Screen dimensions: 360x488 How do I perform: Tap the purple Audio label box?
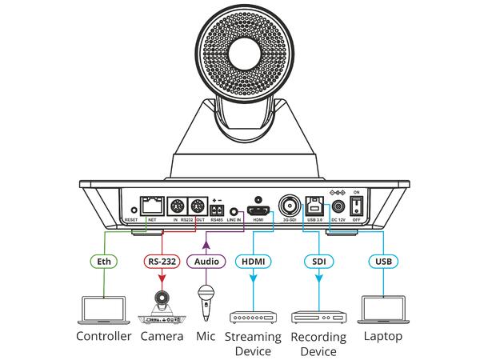tap(206, 261)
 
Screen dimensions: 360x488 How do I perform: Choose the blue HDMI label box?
tap(254, 261)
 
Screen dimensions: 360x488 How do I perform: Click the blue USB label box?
tap(383, 261)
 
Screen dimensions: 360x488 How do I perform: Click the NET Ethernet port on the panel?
tap(150, 204)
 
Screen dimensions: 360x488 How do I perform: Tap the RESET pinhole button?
tap(131, 210)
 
